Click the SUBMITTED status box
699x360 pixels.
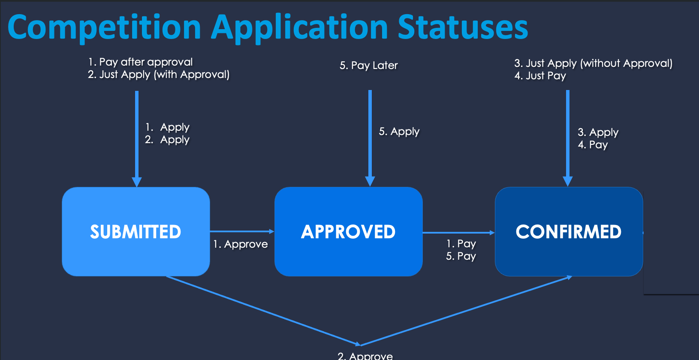[136, 231]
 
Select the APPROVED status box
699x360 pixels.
[348, 231]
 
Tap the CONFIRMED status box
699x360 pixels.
[569, 231]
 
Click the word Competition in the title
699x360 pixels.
[104, 28]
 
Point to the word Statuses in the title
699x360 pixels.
[463, 28]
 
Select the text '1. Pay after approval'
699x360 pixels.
[141, 62]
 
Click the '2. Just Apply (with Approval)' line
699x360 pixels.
[159, 75]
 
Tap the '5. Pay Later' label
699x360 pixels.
[369, 66]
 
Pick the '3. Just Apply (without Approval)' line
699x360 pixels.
[594, 63]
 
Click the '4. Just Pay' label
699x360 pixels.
[540, 76]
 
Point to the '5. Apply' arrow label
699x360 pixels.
[399, 132]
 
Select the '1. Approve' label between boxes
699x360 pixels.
[241, 244]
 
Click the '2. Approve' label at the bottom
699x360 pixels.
[365, 356]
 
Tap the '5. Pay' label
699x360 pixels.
[461, 256]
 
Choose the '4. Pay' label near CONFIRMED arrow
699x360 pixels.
[593, 145]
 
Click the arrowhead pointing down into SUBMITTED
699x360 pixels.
[137, 182]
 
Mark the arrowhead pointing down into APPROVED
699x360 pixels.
[370, 181]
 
